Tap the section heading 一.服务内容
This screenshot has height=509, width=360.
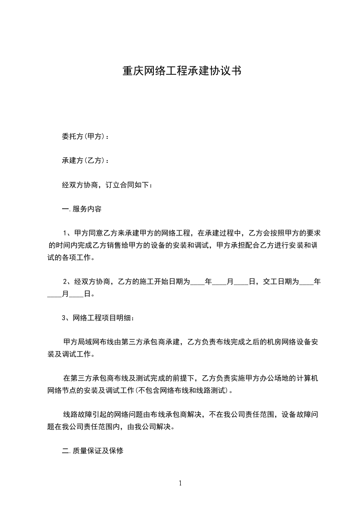coord(81,209)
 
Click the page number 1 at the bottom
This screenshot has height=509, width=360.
coord(180,483)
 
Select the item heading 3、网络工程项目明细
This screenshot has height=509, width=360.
coord(98,318)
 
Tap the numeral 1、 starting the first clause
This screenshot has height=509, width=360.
coord(67,234)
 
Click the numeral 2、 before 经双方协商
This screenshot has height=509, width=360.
coord(67,282)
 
